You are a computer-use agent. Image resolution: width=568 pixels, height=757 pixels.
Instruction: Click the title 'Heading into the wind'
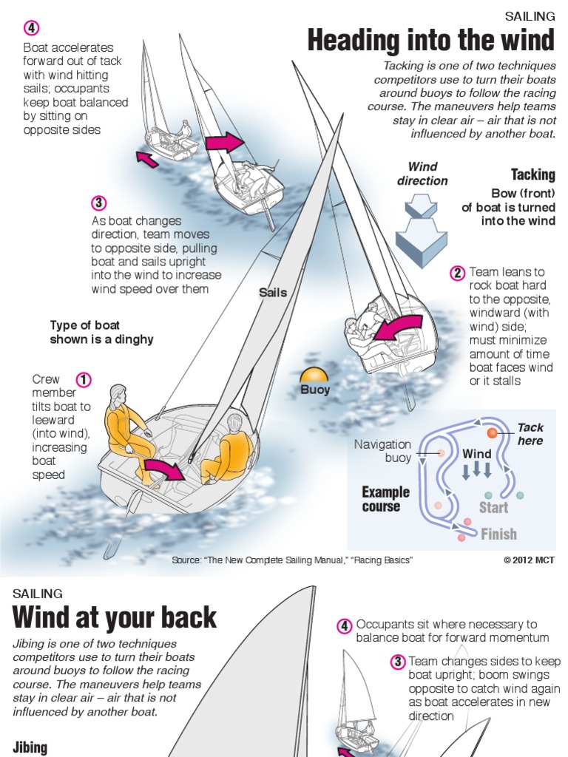coord(430,41)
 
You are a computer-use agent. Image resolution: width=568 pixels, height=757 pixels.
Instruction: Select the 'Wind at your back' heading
coord(115,617)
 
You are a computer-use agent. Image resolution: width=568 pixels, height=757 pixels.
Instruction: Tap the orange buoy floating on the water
coord(314,375)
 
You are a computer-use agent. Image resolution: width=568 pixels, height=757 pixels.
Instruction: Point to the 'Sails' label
coord(273,292)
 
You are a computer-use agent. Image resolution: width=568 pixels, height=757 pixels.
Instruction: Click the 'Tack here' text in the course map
coord(530,434)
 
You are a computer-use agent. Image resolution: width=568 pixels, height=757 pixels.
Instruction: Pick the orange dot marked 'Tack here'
coord(492,432)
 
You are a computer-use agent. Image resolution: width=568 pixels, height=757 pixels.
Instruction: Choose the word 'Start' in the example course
coord(493,507)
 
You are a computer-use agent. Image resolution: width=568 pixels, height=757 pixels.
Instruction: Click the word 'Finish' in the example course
coord(498,534)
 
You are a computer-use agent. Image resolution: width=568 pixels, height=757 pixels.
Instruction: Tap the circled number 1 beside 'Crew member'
coord(84,380)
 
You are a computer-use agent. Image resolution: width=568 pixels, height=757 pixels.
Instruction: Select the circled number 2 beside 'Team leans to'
coord(458,273)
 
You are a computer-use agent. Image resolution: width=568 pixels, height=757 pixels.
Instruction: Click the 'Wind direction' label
coord(422,174)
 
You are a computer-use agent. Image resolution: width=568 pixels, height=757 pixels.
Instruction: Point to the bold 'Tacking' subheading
coord(532,174)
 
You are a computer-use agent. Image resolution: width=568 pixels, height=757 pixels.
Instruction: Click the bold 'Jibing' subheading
coord(30,747)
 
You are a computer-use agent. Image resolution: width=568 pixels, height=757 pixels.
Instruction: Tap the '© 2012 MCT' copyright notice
coord(529,560)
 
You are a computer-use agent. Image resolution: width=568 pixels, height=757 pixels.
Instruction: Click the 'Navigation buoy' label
coord(382,451)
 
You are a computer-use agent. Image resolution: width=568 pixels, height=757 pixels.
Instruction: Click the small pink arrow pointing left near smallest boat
coord(147,158)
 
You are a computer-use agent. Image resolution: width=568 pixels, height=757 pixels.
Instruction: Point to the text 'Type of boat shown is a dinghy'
coord(101,332)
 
